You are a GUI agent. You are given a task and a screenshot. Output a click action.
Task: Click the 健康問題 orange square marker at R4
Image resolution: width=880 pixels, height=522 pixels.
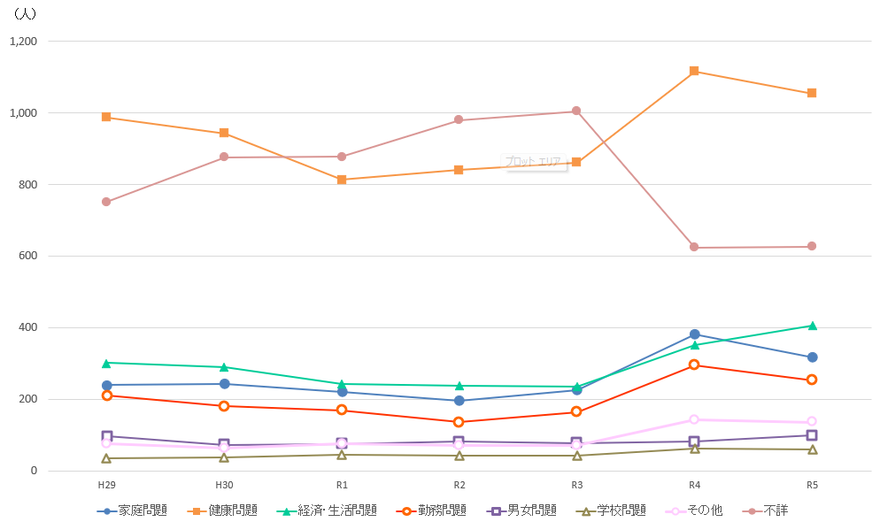[x=694, y=71]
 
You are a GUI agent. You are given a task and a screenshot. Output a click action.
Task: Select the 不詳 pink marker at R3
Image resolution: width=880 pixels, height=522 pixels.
[x=576, y=111]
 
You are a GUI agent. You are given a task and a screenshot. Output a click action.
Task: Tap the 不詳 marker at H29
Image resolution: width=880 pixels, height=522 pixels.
[x=106, y=202]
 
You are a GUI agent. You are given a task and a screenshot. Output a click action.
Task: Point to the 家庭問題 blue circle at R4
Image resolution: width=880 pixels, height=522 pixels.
[x=694, y=334]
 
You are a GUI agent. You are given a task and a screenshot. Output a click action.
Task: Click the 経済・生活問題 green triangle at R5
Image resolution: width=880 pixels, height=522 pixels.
[x=812, y=326]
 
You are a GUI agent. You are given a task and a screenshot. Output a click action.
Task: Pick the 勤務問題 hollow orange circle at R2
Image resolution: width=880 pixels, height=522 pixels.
[x=459, y=422]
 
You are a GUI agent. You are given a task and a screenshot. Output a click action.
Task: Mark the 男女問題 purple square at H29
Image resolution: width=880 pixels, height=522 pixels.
[x=106, y=436]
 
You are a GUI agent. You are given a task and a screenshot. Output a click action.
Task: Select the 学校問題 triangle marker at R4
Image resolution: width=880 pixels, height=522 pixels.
[x=694, y=449]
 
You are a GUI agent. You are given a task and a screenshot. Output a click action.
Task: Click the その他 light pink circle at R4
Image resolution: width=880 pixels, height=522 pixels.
[x=694, y=419]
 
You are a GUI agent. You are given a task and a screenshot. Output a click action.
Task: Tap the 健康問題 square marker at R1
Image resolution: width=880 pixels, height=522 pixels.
[x=342, y=180]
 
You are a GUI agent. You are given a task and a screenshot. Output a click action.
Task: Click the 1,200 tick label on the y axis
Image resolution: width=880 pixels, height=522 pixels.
[x=23, y=42]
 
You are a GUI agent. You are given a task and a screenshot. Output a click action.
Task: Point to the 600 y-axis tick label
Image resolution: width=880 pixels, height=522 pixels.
[x=28, y=257]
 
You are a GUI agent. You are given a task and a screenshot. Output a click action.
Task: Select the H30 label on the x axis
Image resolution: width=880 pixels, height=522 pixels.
[x=224, y=486]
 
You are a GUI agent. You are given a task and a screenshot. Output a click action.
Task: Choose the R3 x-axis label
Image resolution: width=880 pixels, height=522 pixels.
[x=576, y=486]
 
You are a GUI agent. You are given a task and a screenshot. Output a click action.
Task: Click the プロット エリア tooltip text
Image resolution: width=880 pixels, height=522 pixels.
[x=533, y=162]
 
